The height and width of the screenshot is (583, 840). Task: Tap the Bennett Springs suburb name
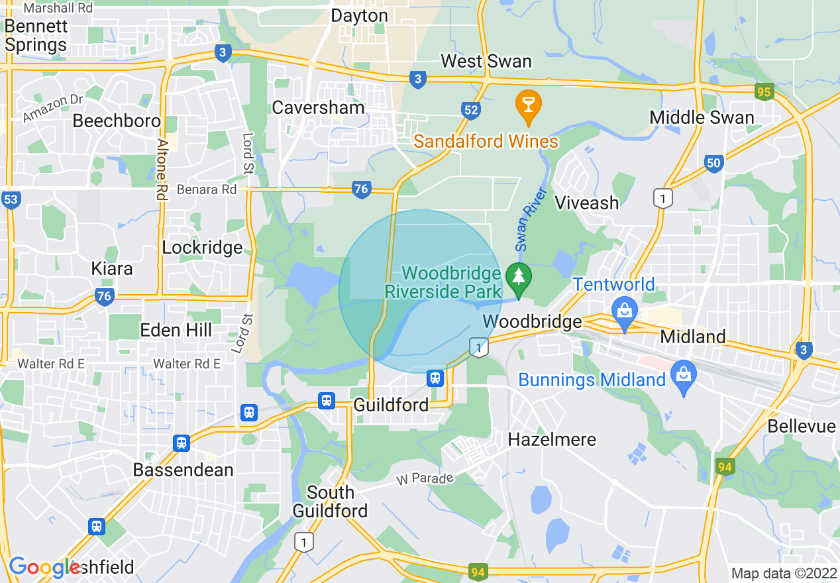(x=36, y=36)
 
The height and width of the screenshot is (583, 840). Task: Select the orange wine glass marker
(x=528, y=107)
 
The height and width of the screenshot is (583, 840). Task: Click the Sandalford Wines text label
(x=486, y=141)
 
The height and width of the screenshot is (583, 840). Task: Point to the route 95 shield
(x=764, y=91)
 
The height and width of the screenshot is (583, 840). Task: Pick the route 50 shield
(x=713, y=164)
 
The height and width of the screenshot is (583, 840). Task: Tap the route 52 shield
(x=471, y=111)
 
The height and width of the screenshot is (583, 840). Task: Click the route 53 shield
(x=10, y=199)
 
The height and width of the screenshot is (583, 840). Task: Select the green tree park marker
(x=518, y=279)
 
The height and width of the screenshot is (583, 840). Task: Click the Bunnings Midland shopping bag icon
(x=684, y=375)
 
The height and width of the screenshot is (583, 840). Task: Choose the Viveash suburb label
(x=586, y=203)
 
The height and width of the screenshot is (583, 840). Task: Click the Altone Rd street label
(x=162, y=170)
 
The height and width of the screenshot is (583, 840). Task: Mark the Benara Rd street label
(x=207, y=189)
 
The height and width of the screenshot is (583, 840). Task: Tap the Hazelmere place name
(x=552, y=439)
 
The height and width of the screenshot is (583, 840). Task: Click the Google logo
(x=44, y=567)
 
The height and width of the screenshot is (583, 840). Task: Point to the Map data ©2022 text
(x=783, y=573)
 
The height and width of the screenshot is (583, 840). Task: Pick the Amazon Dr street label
(x=53, y=108)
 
